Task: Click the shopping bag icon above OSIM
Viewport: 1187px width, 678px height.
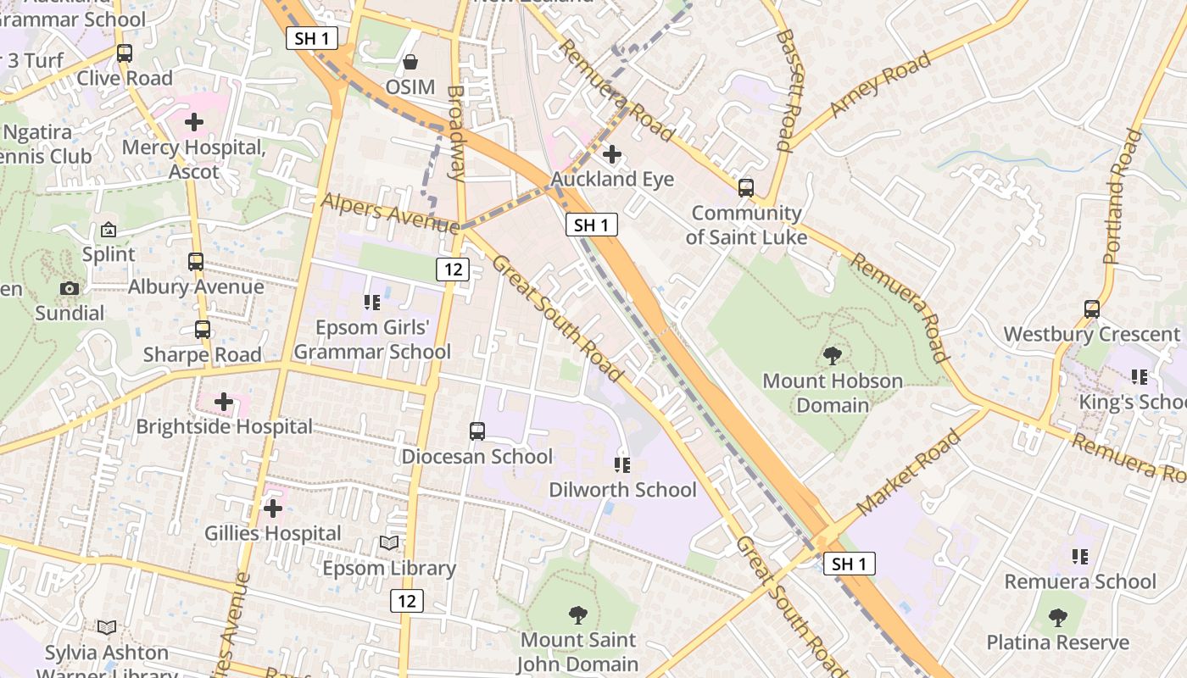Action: point(410,62)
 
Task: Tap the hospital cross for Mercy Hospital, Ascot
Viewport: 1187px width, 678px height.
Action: point(194,122)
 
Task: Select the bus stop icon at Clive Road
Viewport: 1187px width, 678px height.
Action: point(125,53)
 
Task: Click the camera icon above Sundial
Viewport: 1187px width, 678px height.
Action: point(70,289)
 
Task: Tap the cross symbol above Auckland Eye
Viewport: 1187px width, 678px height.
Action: point(611,154)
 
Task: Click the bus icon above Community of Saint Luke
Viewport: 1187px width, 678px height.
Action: point(746,188)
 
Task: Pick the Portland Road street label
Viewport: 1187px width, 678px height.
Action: point(1123,196)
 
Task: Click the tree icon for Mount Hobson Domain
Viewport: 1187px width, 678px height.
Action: point(833,356)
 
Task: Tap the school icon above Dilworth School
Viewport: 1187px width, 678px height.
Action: point(622,465)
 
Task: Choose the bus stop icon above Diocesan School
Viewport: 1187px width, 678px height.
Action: point(477,431)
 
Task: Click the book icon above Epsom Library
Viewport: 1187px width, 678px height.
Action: point(389,543)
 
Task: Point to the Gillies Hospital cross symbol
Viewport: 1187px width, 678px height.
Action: point(272,508)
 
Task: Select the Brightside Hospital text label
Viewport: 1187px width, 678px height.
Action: point(225,426)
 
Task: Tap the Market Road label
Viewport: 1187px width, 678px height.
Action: point(909,473)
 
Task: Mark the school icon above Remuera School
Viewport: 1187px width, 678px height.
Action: point(1080,557)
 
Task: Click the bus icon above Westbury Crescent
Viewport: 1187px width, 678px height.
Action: point(1092,309)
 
